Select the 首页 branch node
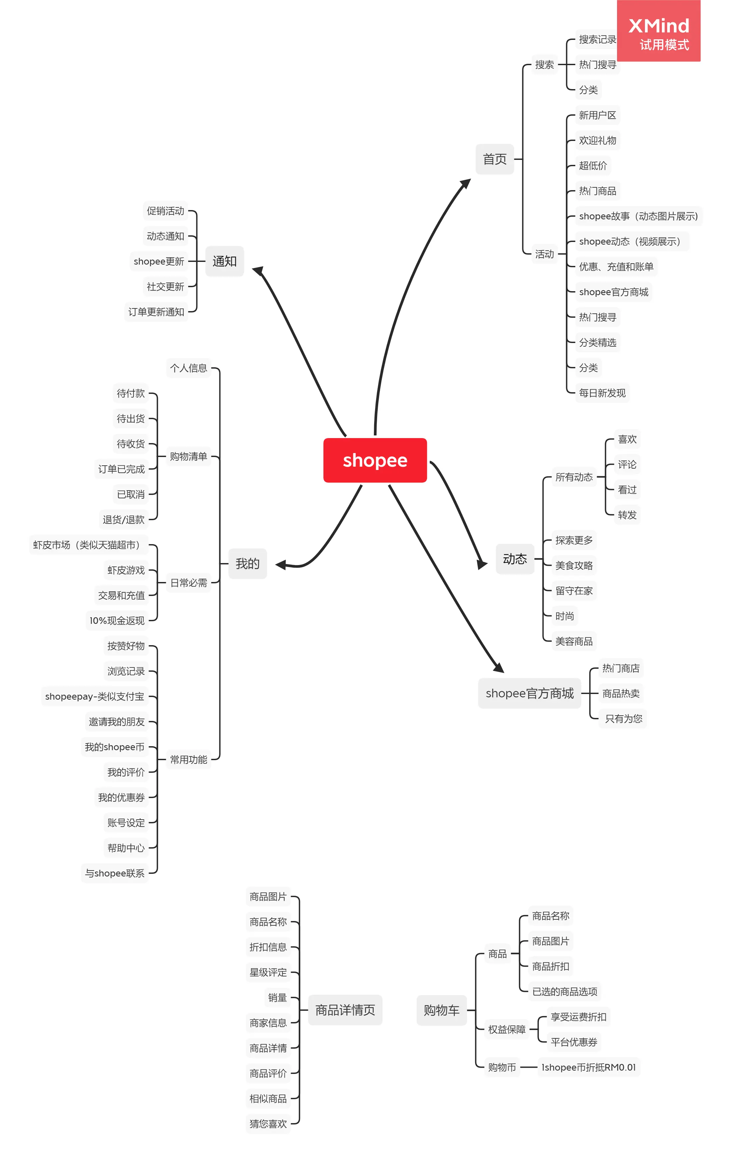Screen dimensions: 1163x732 tap(494, 159)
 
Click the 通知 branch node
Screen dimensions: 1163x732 tap(225, 261)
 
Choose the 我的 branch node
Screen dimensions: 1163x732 tap(247, 564)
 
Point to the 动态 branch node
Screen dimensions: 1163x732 tap(515, 559)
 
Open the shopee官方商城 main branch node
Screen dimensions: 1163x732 tap(529, 693)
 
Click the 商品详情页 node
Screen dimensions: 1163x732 tap(345, 1010)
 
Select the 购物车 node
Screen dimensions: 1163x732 tap(441, 1010)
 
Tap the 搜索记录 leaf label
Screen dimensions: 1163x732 tap(597, 40)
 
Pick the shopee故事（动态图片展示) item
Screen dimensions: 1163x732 tap(638, 216)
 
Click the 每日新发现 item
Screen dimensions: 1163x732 tap(602, 393)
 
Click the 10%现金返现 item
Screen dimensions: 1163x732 tap(117, 621)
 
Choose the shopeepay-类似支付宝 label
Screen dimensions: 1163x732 tap(95, 696)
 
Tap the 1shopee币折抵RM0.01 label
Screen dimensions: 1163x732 tap(588, 1067)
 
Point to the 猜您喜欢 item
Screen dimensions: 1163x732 tap(268, 1124)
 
